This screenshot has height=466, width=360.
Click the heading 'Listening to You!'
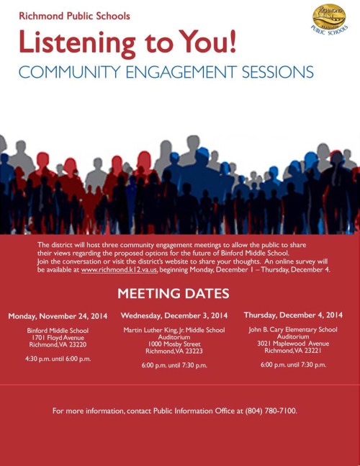point(127,42)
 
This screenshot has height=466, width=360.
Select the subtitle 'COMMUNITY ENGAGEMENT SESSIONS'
point(166,73)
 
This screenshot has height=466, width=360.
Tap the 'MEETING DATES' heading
point(174,293)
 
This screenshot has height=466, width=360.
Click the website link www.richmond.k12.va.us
point(119,269)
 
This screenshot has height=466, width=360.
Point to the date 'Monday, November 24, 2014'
point(58,316)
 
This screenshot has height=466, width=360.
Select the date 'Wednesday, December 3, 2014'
point(174,315)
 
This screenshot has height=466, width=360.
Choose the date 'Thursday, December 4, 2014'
point(293,315)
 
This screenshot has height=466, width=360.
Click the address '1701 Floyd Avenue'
point(58,338)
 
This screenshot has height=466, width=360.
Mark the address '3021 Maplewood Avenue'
point(293,344)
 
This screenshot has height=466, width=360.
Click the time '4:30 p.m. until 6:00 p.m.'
point(58,359)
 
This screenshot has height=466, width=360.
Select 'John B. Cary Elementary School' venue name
point(293,329)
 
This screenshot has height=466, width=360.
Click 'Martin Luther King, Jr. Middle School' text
point(174,330)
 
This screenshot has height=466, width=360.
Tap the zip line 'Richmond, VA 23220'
point(58,345)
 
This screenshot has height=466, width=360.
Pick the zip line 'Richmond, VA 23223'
point(174,351)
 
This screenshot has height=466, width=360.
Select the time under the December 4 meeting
point(293,364)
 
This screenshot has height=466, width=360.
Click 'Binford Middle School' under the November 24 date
point(58,331)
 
